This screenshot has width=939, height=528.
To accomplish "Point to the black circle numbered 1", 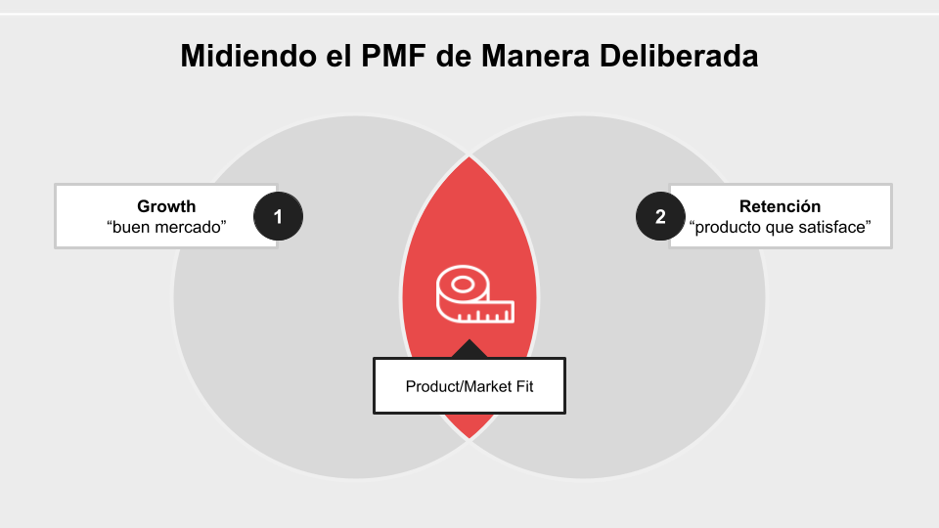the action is (278, 217).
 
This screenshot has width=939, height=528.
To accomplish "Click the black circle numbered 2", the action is (660, 217).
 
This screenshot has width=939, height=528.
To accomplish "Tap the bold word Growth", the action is (166, 206).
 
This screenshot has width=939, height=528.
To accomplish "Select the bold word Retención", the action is (780, 206).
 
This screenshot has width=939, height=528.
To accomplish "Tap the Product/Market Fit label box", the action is (469, 385).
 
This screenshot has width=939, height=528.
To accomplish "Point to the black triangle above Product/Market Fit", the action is (469, 349).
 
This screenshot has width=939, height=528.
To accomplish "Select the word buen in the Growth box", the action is (132, 227).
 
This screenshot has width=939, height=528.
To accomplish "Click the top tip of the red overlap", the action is (469, 157).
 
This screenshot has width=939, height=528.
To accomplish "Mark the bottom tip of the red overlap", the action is (469, 437).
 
